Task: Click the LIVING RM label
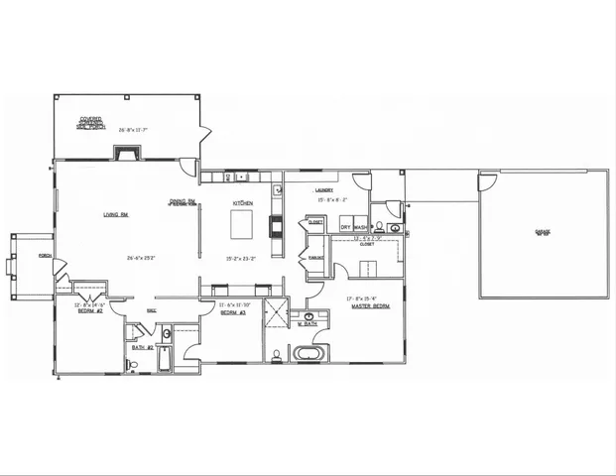117,213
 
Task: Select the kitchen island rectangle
244,227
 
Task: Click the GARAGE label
543,232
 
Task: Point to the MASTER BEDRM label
370,306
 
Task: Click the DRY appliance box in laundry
346,228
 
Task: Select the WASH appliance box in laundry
361,228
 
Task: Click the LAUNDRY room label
324,189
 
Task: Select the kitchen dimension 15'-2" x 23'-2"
244,258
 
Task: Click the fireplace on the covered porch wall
124,154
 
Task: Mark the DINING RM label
183,201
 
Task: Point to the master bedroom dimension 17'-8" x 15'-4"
370,297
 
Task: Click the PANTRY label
316,258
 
